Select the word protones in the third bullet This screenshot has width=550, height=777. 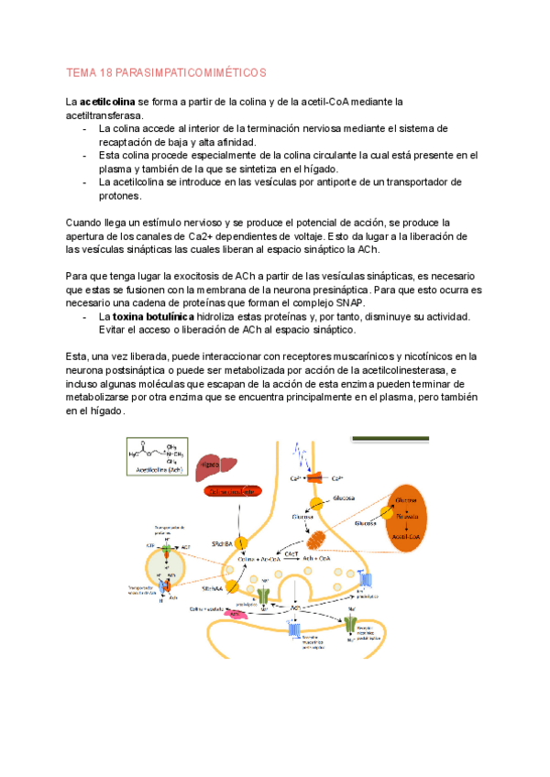(x=119, y=195)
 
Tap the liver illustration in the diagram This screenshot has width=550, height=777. (x=213, y=464)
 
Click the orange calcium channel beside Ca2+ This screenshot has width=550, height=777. (x=313, y=477)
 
